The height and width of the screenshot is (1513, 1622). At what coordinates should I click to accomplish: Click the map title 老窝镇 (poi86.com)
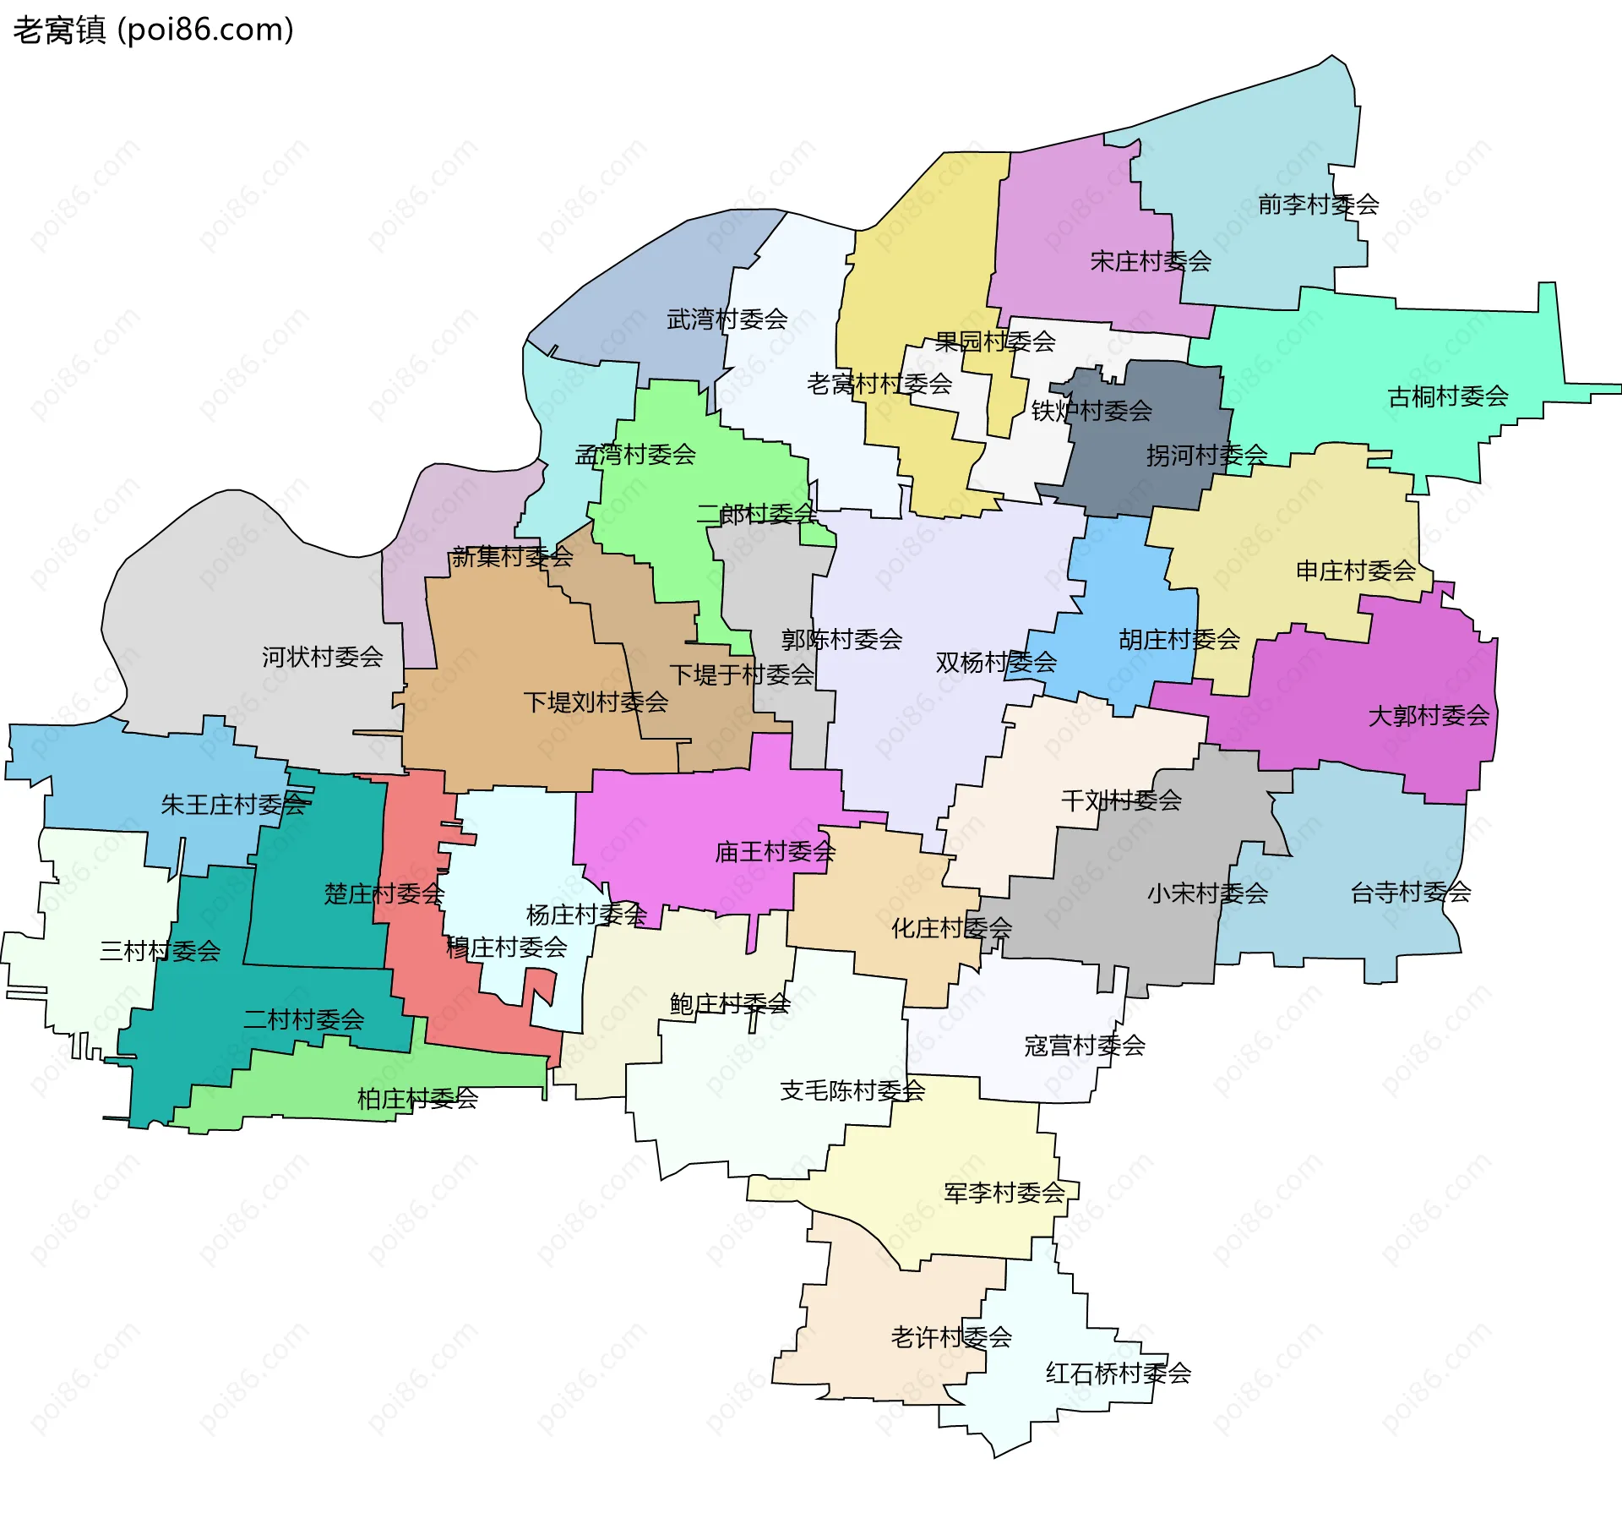[153, 30]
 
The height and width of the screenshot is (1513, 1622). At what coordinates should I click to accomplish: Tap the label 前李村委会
[1318, 205]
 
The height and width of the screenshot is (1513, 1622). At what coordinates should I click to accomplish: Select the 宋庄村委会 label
[1151, 261]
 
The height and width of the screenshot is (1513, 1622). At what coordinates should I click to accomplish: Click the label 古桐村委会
[1448, 396]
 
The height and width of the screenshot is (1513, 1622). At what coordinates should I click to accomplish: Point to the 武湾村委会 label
[727, 320]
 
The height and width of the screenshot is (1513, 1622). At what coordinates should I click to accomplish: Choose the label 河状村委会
[322, 657]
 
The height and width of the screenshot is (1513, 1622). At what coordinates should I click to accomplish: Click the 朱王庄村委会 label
[233, 804]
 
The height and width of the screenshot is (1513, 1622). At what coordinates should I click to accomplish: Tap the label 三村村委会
[160, 951]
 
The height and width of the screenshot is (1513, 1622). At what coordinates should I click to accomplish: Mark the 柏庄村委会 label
[417, 1099]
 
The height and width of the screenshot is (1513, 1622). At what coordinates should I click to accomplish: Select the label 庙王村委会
[775, 852]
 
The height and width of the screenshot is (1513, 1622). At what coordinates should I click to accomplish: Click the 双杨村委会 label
[996, 663]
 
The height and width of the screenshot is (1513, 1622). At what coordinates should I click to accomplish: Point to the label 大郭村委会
[1429, 716]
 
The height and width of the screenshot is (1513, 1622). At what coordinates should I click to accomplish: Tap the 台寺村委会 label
[1410, 893]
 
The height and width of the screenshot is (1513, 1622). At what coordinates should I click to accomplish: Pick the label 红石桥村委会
[1118, 1373]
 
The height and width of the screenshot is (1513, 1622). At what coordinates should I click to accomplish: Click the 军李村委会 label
[1004, 1193]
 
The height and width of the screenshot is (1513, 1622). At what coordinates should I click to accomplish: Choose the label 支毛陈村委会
[852, 1090]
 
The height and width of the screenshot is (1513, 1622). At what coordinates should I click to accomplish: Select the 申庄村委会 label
[1356, 571]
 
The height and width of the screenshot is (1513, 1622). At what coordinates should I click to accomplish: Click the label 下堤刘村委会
[596, 702]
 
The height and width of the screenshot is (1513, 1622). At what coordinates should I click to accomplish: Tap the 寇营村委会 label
[1085, 1046]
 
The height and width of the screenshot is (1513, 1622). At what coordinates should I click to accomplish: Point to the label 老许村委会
[951, 1337]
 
